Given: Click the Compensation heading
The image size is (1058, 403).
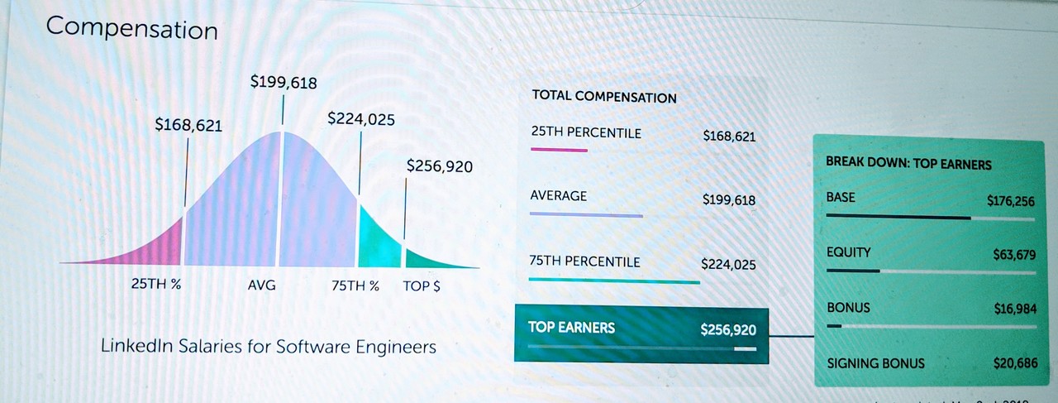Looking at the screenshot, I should [x=132, y=28].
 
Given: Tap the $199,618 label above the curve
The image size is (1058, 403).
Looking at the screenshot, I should [x=284, y=82].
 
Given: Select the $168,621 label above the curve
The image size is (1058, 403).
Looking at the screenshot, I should [x=188, y=125].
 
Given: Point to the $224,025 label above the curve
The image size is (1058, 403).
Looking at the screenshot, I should [x=361, y=119].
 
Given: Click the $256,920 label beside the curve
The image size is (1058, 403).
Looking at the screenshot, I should [x=440, y=166].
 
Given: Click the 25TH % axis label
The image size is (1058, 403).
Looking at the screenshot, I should [x=156, y=285].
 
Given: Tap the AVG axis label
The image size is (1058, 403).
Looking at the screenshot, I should [x=262, y=285].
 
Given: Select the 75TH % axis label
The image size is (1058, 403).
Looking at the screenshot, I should [x=355, y=285].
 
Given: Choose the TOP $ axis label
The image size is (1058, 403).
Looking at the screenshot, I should [x=422, y=285].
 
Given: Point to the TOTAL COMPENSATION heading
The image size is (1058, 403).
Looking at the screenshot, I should [x=604, y=97].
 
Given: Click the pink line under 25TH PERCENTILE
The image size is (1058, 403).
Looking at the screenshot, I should [x=559, y=150].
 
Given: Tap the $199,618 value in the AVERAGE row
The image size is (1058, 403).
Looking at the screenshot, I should [x=728, y=199].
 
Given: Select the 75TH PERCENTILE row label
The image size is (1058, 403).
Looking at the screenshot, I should [x=584, y=261].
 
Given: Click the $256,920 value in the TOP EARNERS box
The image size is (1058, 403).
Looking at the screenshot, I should [x=727, y=329].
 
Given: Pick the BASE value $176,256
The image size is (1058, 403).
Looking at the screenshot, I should [x=1010, y=201].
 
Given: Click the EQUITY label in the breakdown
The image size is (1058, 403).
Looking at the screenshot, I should [x=848, y=252].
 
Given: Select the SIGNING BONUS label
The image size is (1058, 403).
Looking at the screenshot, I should [x=875, y=363].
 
